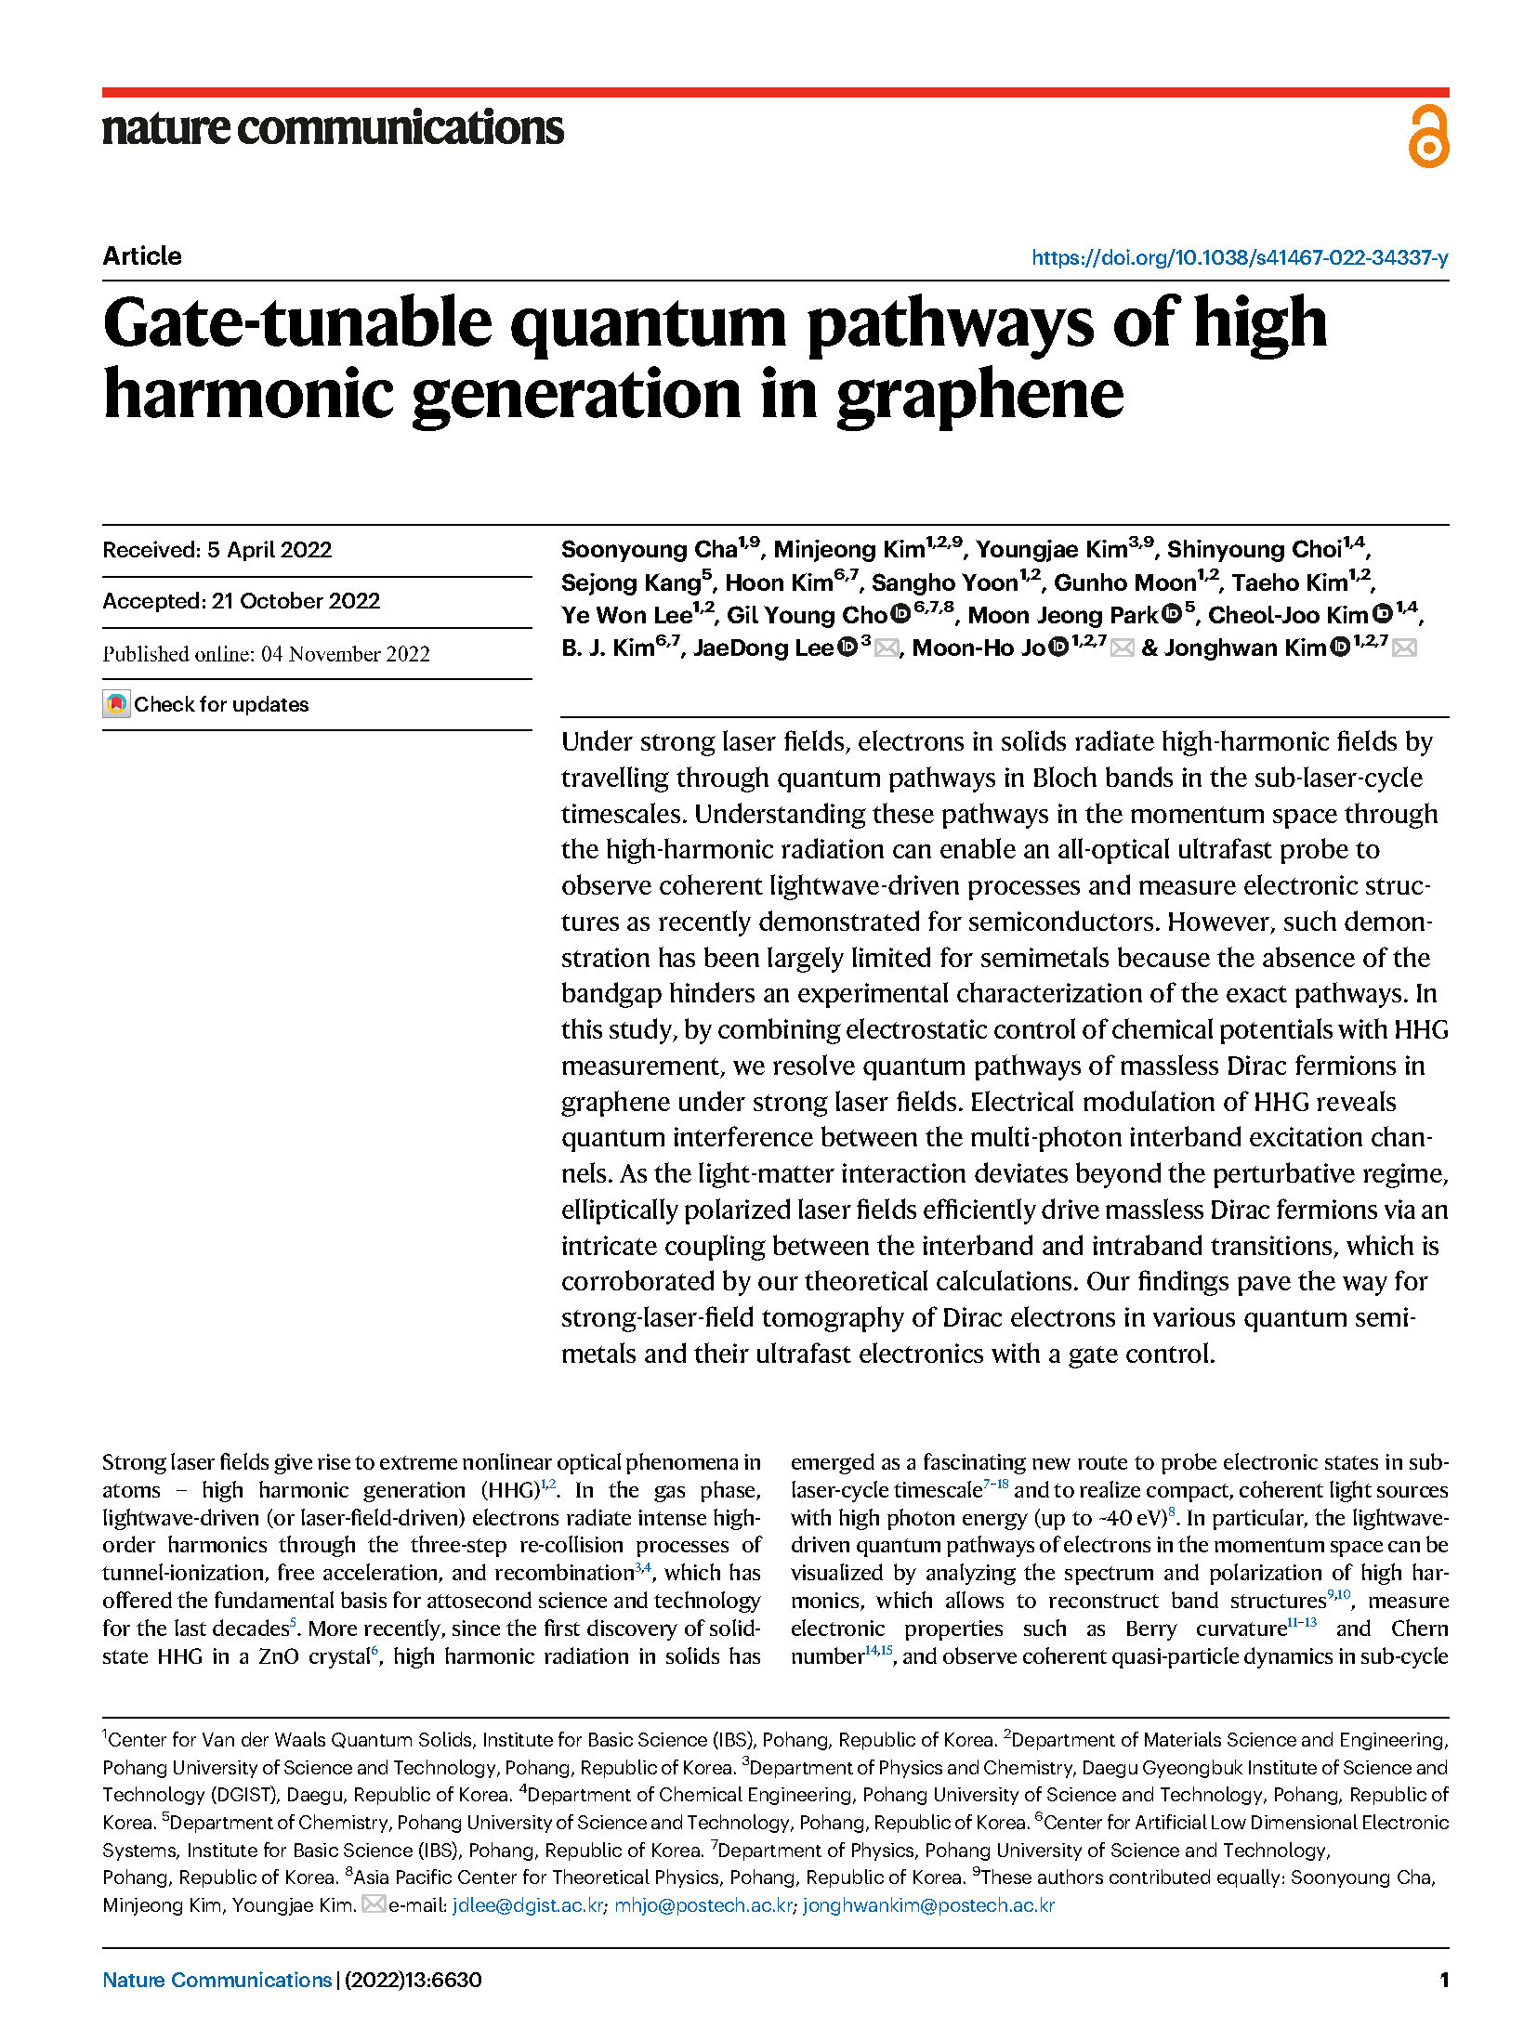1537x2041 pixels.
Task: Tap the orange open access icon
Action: (1427, 137)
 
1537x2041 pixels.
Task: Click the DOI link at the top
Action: (1239, 257)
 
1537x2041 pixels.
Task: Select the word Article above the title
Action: (142, 256)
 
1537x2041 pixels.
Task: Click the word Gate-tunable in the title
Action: (297, 322)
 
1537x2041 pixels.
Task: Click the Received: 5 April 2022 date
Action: (217, 550)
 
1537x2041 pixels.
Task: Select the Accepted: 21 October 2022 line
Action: (241, 601)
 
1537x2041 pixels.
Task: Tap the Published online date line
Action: (266, 654)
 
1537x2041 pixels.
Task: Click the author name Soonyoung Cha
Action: (649, 550)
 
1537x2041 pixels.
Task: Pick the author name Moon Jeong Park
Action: (1063, 616)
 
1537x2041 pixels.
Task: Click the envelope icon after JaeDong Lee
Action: (887, 648)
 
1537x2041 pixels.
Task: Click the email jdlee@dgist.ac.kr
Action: (528, 1905)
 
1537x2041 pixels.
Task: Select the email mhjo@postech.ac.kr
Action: (703, 1905)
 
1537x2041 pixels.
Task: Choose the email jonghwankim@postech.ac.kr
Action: (928, 1905)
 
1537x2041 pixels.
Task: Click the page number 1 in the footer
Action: (1443, 1980)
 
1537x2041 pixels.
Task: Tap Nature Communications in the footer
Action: (217, 1980)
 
